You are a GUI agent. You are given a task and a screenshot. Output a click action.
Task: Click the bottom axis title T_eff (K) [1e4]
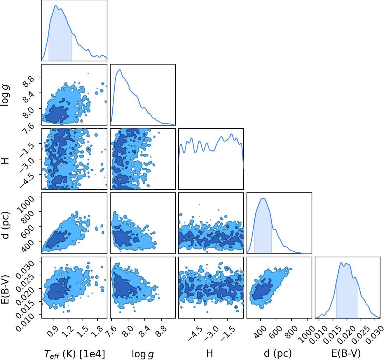pyautogui.click(x=75, y=354)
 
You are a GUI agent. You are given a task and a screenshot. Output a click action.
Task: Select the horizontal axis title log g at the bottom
pyautogui.click(x=143, y=354)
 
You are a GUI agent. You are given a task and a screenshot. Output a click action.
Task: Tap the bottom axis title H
pyautogui.click(x=209, y=353)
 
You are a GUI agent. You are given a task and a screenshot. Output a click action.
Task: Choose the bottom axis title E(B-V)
pyautogui.click(x=346, y=353)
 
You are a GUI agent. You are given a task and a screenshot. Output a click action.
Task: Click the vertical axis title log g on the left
pyautogui.click(x=5, y=95)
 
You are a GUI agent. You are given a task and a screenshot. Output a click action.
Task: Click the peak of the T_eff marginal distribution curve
pyautogui.click(x=55, y=6)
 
